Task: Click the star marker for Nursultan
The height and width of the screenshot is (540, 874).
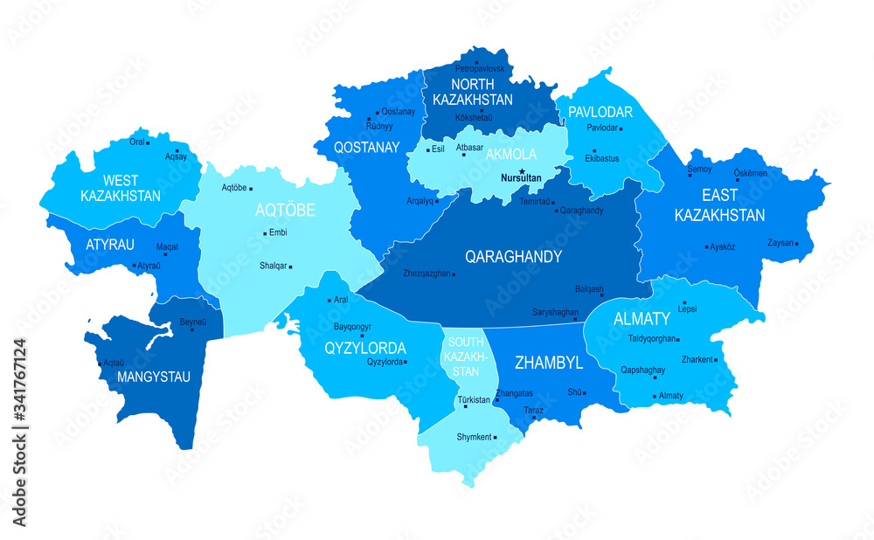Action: pyautogui.click(x=522, y=171)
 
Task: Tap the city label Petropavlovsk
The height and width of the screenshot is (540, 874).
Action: pyautogui.click(x=480, y=68)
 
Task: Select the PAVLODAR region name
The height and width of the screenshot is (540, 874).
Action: pyautogui.click(x=600, y=113)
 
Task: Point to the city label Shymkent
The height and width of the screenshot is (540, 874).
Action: pyautogui.click(x=475, y=437)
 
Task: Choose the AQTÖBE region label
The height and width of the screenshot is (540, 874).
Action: pyautogui.click(x=285, y=211)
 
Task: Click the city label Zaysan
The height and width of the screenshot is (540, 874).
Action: pyautogui.click(x=781, y=242)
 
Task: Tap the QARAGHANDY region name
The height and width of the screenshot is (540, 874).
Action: pyautogui.click(x=513, y=257)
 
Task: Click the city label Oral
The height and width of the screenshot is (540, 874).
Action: pyautogui.click(x=137, y=141)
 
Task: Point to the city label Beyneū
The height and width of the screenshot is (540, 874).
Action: pyautogui.click(x=193, y=322)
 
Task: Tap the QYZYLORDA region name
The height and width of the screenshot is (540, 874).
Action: pyautogui.click(x=364, y=347)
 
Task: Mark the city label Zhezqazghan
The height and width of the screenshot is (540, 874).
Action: pyautogui.click(x=427, y=273)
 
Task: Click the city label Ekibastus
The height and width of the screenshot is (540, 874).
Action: pyautogui.click(x=600, y=159)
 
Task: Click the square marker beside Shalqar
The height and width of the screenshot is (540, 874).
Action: pyautogui.click(x=290, y=267)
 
